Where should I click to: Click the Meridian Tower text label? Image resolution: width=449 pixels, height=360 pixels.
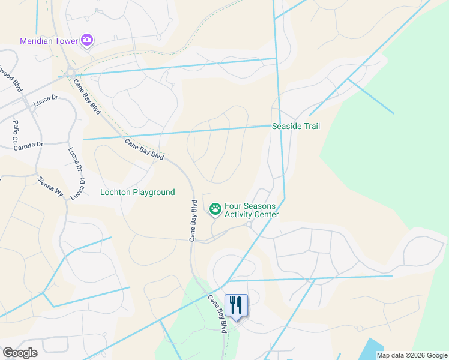coord(50,41)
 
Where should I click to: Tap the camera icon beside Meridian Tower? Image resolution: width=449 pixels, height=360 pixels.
coord(88,40)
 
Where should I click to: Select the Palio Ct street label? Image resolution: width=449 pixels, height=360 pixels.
coord(16,131)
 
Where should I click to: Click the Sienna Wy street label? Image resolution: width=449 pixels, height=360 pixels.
coord(50,190)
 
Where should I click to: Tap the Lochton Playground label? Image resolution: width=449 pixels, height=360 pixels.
coord(137,193)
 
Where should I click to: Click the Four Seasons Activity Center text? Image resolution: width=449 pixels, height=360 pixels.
coord(251,210)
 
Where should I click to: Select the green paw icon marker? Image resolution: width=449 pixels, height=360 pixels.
coord(215,209)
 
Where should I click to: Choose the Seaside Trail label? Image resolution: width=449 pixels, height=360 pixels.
coord(296,127)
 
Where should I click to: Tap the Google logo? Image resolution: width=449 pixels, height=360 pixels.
coord(20,353)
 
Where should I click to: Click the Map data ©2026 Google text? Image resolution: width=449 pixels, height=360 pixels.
coord(412,355)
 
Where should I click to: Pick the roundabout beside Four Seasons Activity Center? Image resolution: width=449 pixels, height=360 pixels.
coord(249,225)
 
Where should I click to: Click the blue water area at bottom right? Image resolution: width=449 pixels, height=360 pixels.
coord(373,349)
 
